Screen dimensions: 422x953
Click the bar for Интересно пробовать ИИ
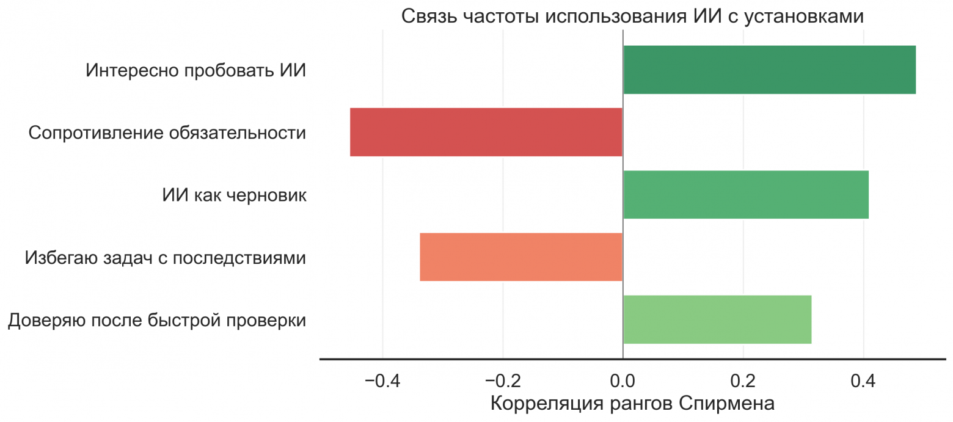pyautogui.click(x=769, y=70)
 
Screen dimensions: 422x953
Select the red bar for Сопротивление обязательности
pyautogui.click(x=486, y=132)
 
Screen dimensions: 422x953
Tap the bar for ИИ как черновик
pyautogui.click(x=745, y=195)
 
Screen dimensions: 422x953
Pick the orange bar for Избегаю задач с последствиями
pyautogui.click(x=520, y=257)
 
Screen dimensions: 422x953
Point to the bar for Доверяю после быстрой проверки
pyautogui.click(x=717, y=319)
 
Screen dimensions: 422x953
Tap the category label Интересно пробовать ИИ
pyautogui.click(x=195, y=70)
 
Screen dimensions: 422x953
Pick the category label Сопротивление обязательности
pyautogui.click(x=167, y=133)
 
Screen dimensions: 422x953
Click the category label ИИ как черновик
pyautogui.click(x=234, y=195)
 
